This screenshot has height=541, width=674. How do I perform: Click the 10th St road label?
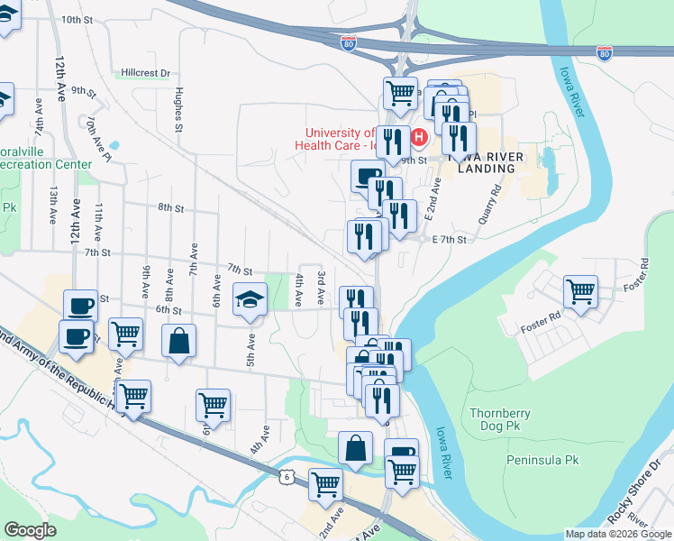(x=77, y=19)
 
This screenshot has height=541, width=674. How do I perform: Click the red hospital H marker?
(x=419, y=138)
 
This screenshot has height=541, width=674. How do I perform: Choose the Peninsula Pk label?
(x=542, y=460)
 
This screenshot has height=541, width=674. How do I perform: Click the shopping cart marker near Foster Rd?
(x=580, y=290)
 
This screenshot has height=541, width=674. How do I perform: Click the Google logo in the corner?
(x=30, y=530)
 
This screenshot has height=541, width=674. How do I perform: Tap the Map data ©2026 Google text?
(x=618, y=534)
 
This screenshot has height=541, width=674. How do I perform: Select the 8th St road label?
(x=170, y=207)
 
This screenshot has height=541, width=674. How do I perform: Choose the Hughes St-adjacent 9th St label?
(x=84, y=91)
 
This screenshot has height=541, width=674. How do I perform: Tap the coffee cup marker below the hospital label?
(x=366, y=175)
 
